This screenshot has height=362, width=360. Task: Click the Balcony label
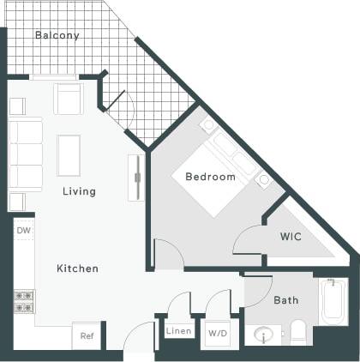[x=57, y=36]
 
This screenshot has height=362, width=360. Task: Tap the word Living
[x=79, y=191]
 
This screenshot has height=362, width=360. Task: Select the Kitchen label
[x=77, y=268]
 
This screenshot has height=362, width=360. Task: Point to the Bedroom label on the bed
[x=210, y=177]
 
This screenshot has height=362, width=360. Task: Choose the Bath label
[x=285, y=300]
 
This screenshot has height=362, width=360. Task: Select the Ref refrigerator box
[x=87, y=336]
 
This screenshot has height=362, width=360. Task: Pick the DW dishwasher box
[x=23, y=231]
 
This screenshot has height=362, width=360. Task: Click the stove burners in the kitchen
[x=23, y=300]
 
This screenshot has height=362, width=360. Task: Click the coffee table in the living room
[x=69, y=155]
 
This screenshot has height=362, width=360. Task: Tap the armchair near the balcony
[x=69, y=99]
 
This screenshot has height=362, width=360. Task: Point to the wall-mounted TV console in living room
[x=134, y=178]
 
